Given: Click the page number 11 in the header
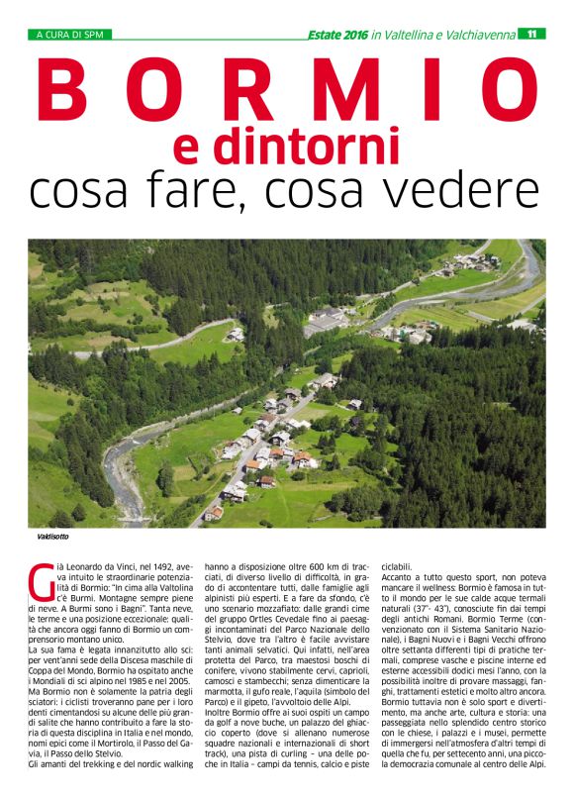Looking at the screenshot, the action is (532, 34).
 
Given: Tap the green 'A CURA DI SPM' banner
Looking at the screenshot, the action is (69, 34).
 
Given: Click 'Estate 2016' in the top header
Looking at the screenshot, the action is (337, 34).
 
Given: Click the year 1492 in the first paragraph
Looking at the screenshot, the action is (155, 563).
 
